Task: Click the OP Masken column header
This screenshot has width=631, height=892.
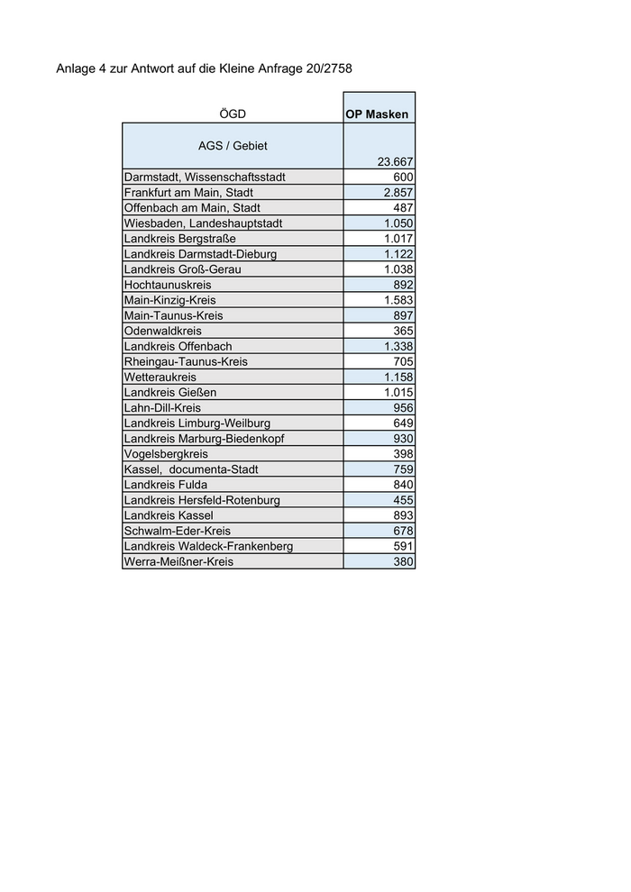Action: (x=377, y=114)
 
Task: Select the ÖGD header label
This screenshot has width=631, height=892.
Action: (x=232, y=114)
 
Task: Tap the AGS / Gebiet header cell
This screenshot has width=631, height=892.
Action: (x=233, y=145)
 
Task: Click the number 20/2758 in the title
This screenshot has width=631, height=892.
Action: (x=337, y=68)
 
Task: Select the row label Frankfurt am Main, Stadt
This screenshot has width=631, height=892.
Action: (x=188, y=193)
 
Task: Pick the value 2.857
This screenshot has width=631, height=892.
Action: (x=398, y=193)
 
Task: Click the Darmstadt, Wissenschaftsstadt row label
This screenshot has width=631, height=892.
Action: (x=205, y=177)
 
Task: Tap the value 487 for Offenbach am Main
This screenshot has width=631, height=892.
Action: (x=403, y=208)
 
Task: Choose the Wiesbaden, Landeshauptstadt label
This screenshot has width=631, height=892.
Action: (x=204, y=223)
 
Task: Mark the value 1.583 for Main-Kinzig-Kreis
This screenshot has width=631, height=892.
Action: (x=398, y=300)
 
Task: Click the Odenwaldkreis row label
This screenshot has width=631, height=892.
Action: (x=163, y=331)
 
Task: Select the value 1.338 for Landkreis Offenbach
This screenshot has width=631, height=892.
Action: (x=398, y=346)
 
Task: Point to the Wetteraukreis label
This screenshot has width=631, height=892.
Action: (x=160, y=377)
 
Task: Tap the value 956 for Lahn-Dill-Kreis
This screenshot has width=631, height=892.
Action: (x=403, y=408)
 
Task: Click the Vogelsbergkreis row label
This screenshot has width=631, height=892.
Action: (x=166, y=454)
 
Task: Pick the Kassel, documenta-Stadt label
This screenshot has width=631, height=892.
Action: (x=191, y=469)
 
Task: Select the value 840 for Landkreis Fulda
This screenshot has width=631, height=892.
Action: (x=403, y=485)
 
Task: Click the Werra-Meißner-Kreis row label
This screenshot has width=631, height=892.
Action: (x=178, y=561)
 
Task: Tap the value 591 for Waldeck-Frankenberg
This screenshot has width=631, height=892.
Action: (x=403, y=546)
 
